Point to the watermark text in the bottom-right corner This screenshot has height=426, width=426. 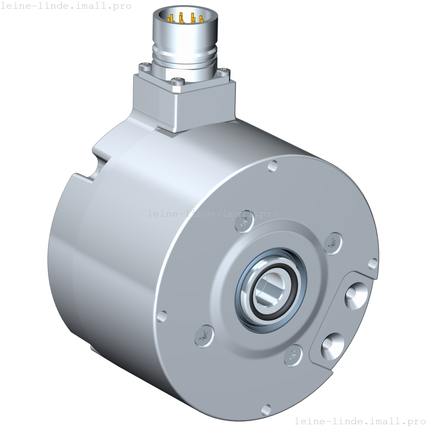click(x=360, y=421)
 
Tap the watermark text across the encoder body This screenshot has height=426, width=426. click(x=213, y=214)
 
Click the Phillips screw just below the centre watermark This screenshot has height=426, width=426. click(x=243, y=224)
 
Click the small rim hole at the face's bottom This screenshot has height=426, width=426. click(x=266, y=409)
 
